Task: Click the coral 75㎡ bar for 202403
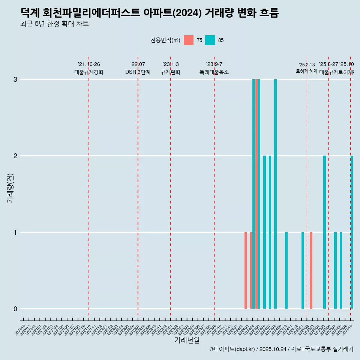(246, 270)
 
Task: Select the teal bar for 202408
(275, 194)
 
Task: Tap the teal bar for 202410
(286, 270)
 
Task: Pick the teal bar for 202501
(303, 270)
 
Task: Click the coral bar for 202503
(311, 270)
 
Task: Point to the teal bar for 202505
(324, 232)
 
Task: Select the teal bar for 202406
(264, 232)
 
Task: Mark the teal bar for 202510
(352, 232)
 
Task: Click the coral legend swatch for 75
(189, 40)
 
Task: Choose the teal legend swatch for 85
(210, 40)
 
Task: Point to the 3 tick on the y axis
(15, 79)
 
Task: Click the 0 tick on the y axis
(15, 309)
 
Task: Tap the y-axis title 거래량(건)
(10, 187)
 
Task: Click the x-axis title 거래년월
(187, 340)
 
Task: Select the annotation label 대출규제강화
(89, 72)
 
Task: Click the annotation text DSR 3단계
(138, 72)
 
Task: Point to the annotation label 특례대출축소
(214, 72)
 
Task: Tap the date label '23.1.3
(171, 64)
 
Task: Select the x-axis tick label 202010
(21, 330)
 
